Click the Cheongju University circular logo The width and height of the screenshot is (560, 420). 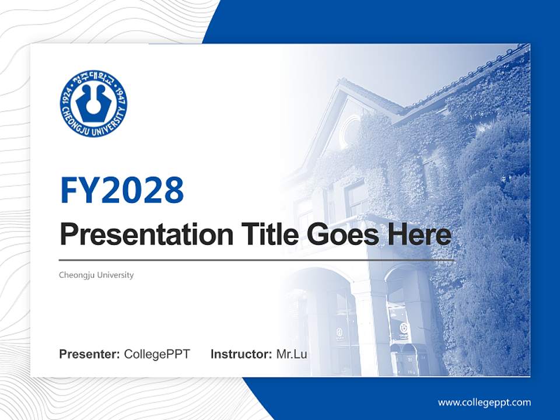tap(93, 104)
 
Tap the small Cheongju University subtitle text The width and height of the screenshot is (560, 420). tap(96, 275)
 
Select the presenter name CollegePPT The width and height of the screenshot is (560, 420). tap(157, 354)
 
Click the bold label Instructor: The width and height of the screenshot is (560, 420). tap(241, 354)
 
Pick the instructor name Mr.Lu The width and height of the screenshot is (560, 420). tap(292, 354)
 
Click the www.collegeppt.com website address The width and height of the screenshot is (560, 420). tap(484, 402)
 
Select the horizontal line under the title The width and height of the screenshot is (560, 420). tap(257, 260)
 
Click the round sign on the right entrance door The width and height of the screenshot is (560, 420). tap(402, 330)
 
